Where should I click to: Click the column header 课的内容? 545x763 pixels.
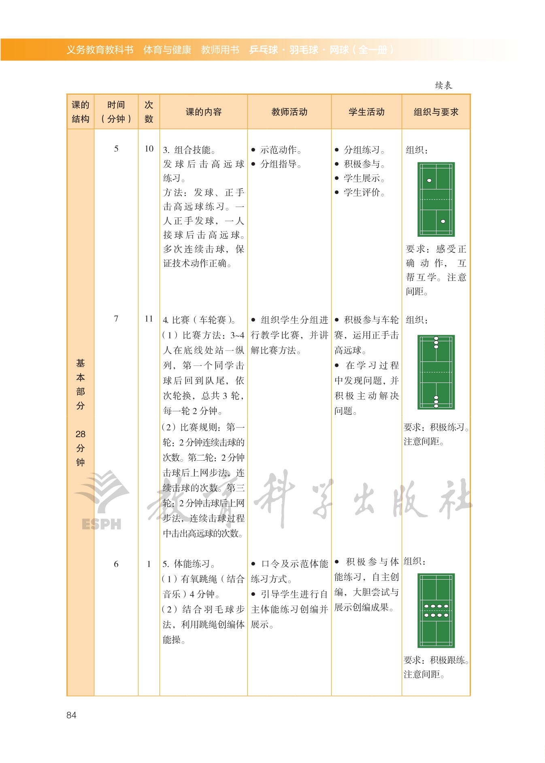204,112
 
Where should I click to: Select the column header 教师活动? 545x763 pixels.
289,112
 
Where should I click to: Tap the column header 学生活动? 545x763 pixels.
366,112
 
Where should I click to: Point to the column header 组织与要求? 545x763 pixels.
436,112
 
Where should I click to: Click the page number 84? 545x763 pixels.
71,715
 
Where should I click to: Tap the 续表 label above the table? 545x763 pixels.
443,85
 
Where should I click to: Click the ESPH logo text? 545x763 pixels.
101,524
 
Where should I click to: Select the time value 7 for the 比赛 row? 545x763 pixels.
116,319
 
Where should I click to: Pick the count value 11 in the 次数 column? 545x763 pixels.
149,319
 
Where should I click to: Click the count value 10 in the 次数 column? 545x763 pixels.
149,149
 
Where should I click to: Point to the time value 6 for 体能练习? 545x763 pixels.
116,564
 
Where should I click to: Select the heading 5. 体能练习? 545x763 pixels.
189,564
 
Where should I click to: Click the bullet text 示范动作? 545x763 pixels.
281,150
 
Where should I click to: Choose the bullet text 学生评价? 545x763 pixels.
364,193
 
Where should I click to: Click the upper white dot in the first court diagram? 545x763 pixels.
429,181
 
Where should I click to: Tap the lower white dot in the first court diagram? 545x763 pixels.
443,221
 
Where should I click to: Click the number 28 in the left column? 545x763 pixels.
81,434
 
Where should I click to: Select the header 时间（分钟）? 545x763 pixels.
116,112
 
